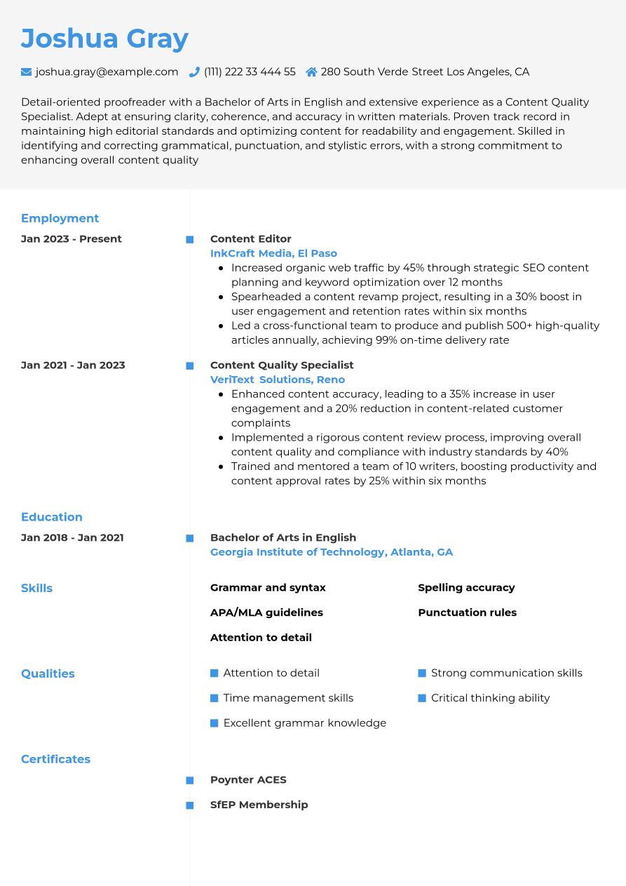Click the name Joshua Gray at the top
pos(104,39)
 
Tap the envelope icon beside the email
pos(27,72)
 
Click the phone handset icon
pos(194,72)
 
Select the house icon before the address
pos(311,72)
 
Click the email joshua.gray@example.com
pos(107,72)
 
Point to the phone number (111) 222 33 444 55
pos(250,72)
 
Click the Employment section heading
pos(60,218)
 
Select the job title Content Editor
pos(250,239)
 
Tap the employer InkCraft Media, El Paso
pos(273,253)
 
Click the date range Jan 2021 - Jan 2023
pos(73,365)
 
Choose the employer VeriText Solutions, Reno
pos(278,380)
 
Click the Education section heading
pos(51,517)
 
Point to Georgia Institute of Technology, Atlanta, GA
pos(332,552)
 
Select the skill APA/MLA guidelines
pos(266,612)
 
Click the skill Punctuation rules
pos(467,612)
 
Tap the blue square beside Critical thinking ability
pos(422,698)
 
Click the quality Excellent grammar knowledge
pos(304,723)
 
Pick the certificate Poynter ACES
pos(248,779)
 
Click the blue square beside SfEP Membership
pos(189,805)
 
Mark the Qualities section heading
pos(48,673)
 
